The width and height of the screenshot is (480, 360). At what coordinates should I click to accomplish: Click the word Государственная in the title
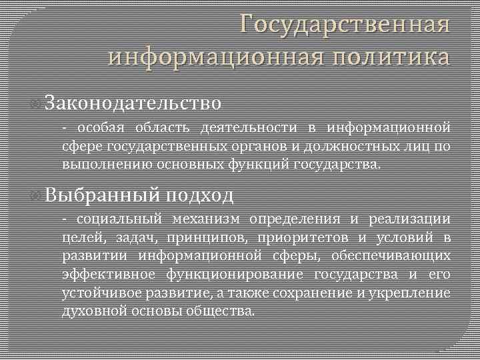(x=345, y=25)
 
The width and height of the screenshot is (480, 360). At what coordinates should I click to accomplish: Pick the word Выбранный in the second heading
(x=103, y=195)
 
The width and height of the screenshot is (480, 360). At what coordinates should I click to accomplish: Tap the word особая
(x=99, y=127)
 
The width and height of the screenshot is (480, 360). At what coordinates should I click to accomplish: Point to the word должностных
(x=351, y=146)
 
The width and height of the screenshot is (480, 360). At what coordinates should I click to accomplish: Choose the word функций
(x=259, y=164)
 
